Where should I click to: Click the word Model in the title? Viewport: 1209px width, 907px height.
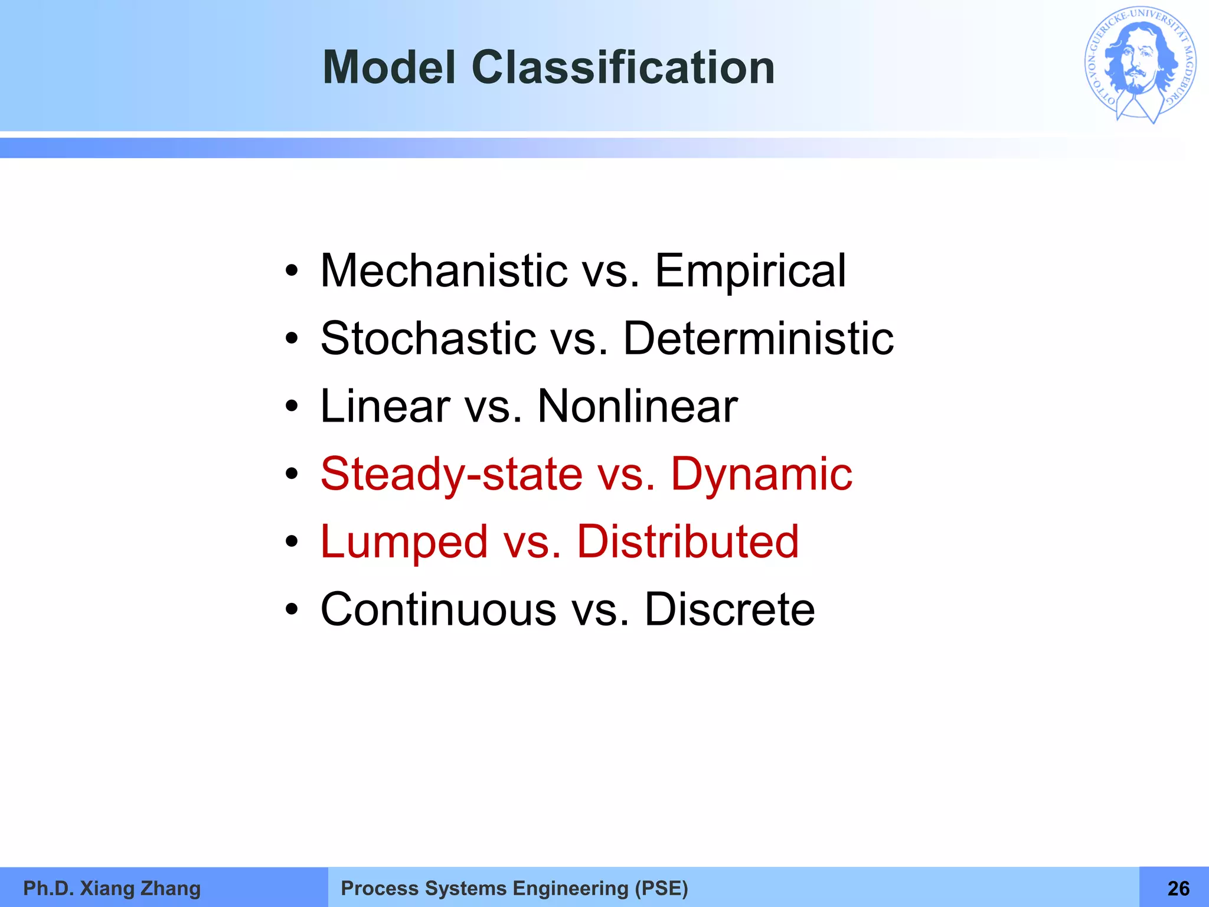tap(389, 67)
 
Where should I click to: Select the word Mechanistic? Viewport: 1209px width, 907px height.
tap(444, 271)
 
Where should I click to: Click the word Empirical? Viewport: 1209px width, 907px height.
tap(750, 271)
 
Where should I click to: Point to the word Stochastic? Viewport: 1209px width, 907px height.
tap(429, 338)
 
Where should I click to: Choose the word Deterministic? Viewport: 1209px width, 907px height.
tap(759, 338)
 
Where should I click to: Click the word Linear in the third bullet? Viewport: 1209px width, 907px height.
tap(385, 406)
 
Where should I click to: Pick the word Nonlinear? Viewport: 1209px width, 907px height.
tap(638, 406)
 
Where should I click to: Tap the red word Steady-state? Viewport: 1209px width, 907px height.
tap(452, 474)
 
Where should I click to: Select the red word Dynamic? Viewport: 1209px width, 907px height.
tap(762, 474)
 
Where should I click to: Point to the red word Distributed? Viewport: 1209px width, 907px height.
tap(688, 542)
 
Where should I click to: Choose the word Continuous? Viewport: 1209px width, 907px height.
tap(438, 610)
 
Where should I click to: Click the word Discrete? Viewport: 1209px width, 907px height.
tap(730, 610)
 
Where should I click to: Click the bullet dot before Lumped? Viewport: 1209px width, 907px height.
tap(292, 542)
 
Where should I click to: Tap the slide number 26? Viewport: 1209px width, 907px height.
tap(1178, 888)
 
